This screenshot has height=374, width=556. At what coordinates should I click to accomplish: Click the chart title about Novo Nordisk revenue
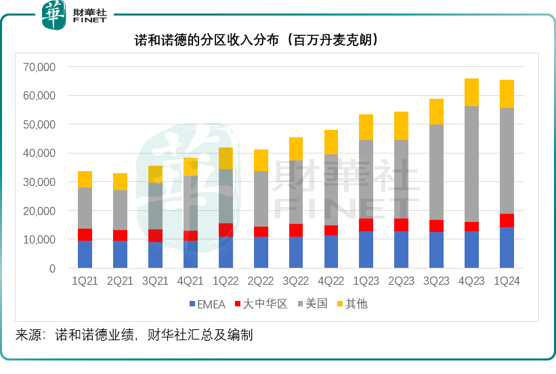point(257,40)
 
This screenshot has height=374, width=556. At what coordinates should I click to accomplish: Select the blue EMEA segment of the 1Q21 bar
point(85,254)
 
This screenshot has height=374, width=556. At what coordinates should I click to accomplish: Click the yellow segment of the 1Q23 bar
point(366,127)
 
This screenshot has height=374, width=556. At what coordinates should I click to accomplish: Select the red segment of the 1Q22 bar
point(226,230)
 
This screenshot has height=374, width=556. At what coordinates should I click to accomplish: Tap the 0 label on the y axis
point(51,268)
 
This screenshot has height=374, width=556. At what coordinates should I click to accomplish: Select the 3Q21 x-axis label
point(155,282)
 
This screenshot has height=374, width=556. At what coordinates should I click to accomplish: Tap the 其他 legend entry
point(357,304)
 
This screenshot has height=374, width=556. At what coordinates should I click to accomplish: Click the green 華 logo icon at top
point(54,15)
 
